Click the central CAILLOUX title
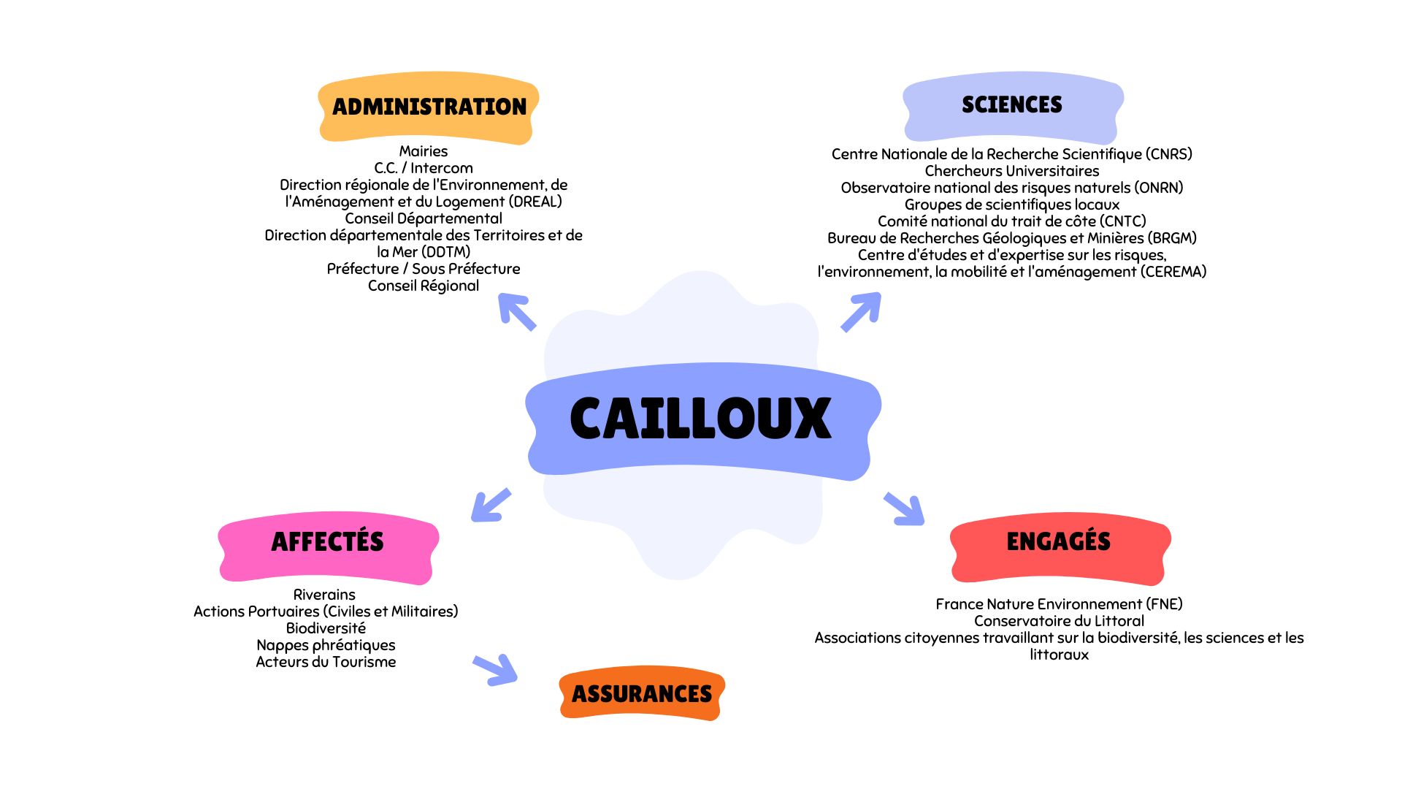coord(700,419)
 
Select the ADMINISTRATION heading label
coord(429,107)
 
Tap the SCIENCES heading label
coord(1012,105)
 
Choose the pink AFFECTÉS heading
coord(327,542)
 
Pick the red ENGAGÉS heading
coord(1058,541)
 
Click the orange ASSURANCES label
coord(641,694)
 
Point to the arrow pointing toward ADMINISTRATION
coord(517,312)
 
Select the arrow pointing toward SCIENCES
coord(861,312)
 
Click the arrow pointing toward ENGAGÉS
coord(904,508)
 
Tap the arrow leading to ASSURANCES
coord(496,669)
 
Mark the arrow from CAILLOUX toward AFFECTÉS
coord(491,505)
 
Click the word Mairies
coord(424,151)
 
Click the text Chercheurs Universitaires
coord(1011,171)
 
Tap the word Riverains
coord(324,595)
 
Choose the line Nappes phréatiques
coord(326,645)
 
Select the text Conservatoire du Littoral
coord(1059,621)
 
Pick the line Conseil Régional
coord(424,286)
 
